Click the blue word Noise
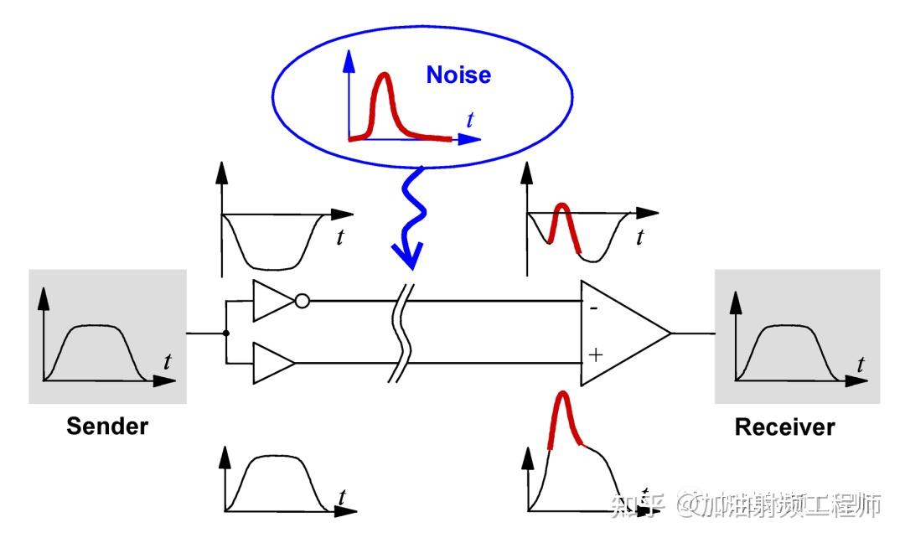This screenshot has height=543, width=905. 458,75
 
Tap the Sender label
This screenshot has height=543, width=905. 107,426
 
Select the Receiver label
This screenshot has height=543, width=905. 784,427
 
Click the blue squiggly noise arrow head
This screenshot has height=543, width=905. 409,255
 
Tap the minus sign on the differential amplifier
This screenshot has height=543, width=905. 594,308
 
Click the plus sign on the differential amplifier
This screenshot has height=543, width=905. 595,355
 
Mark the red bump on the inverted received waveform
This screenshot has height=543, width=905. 563,221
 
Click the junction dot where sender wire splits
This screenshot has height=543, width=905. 226,333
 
